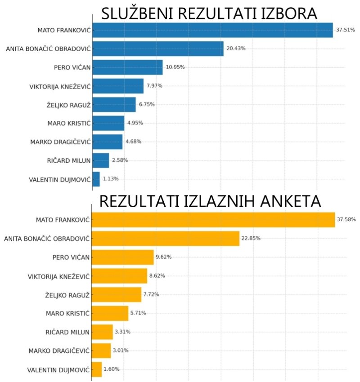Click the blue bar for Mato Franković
tap(212, 30)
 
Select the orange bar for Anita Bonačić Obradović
tap(165, 239)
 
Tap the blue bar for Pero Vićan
tap(127, 67)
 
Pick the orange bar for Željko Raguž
tap(116, 294)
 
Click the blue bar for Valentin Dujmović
tap(96, 179)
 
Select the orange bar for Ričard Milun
tap(102, 332)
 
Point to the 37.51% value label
tap(345, 30)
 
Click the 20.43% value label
tap(236, 49)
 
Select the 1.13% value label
tap(111, 179)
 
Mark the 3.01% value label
tap(122, 351)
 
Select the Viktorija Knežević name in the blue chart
tap(59, 86)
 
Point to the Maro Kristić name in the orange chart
tap(67, 313)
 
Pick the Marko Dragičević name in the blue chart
tap(60, 142)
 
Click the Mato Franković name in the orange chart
tap(63, 220)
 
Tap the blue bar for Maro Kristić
tap(108, 123)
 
